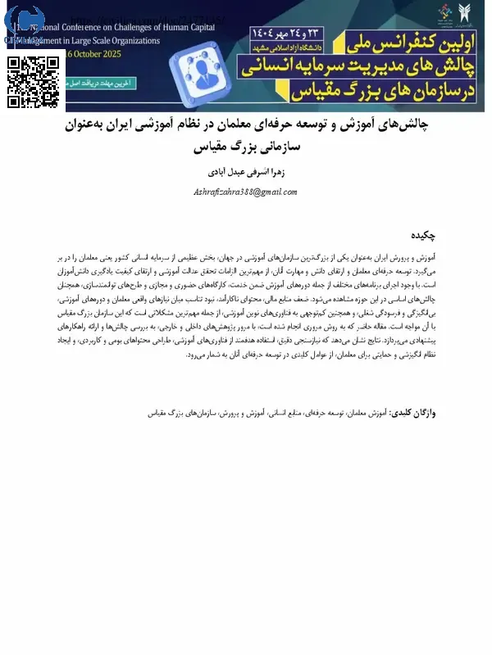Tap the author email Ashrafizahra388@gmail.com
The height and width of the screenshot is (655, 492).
tap(245, 191)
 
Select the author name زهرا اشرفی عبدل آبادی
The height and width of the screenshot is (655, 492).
tap(245, 173)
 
